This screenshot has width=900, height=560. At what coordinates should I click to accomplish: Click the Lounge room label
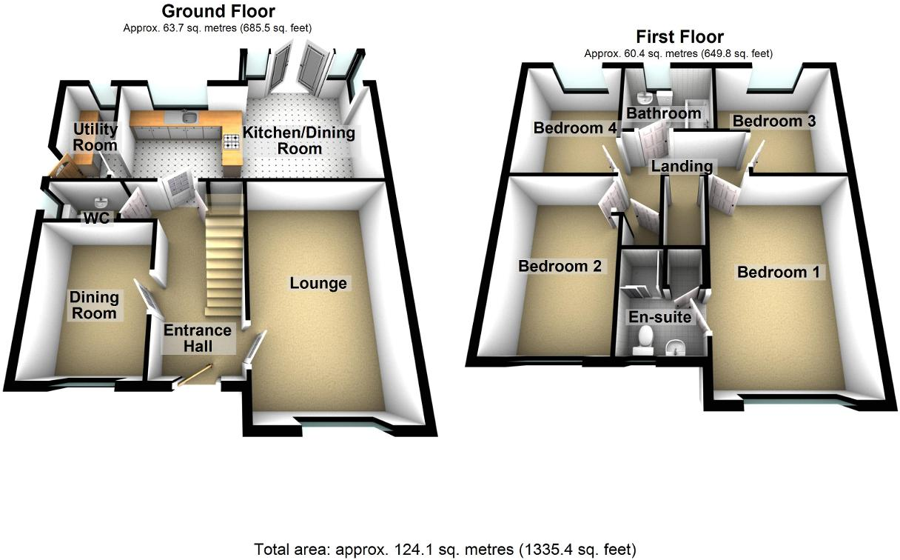318,283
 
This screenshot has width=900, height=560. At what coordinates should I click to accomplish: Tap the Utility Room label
95,137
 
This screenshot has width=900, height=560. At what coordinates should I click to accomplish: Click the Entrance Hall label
198,339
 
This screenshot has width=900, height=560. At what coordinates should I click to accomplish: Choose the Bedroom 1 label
779,272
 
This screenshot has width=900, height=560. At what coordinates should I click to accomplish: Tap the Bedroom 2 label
560,265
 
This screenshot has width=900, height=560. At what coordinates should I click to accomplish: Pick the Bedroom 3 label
774,121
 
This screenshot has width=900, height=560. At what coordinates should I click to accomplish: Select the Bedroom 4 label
575,128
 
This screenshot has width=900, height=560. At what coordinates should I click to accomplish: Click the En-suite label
659,317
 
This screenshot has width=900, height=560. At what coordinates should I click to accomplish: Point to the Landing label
682,167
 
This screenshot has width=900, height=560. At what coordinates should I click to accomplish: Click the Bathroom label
663,113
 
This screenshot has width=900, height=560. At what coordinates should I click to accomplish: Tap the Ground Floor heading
218,11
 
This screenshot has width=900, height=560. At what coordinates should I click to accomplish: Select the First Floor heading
679,36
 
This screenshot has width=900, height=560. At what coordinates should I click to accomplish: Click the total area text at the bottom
445,549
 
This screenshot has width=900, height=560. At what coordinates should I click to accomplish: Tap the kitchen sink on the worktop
188,117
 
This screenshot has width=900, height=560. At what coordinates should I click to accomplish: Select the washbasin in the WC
101,201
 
